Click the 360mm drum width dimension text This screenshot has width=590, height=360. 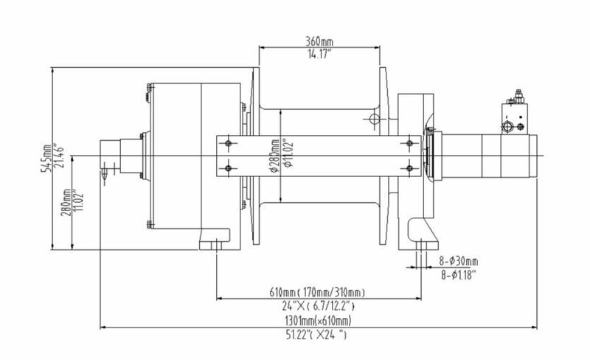pos(319,41)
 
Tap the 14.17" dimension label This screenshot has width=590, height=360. pos(319,54)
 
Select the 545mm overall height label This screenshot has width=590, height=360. pos(46,159)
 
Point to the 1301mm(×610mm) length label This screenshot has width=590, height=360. pos(318,321)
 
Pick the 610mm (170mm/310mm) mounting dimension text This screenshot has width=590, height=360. pos(317,292)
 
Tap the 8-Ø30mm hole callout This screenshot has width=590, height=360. pos(459,260)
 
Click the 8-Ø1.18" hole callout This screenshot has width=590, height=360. pos(459,275)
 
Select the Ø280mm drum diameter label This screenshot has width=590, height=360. pos(274,156)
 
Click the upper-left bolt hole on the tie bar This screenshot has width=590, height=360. pos(228,143)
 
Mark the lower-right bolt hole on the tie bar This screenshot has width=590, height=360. pos(410,168)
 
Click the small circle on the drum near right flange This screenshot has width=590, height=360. pos(375,119)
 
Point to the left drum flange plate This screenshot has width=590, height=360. pos(256,156)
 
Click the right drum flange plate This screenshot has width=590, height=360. pos(383,156)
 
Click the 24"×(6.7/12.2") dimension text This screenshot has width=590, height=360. pos(318,305)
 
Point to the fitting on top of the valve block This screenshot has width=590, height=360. pos(518,96)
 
